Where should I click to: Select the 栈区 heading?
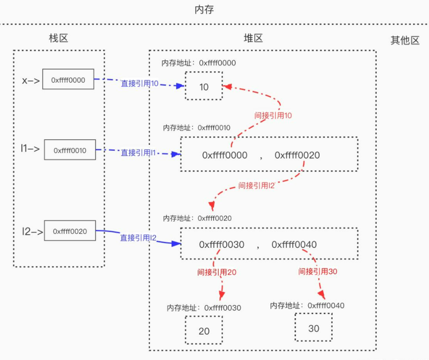click(x=59, y=38)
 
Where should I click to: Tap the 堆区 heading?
click(x=253, y=38)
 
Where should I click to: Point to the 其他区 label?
click(x=405, y=40)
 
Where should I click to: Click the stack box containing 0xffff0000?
click(x=68, y=80)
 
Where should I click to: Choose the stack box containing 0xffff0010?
click(x=70, y=150)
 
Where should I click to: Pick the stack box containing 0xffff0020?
click(x=69, y=231)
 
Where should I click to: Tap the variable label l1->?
click(x=30, y=148)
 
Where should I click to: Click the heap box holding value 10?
click(x=204, y=86)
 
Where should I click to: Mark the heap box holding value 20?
click(x=204, y=331)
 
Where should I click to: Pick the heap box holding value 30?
click(x=314, y=329)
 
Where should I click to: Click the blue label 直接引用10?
click(x=140, y=84)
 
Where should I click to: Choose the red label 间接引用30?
click(x=318, y=271)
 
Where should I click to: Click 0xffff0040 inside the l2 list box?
click(x=294, y=245)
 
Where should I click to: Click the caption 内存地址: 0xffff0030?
click(x=204, y=308)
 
